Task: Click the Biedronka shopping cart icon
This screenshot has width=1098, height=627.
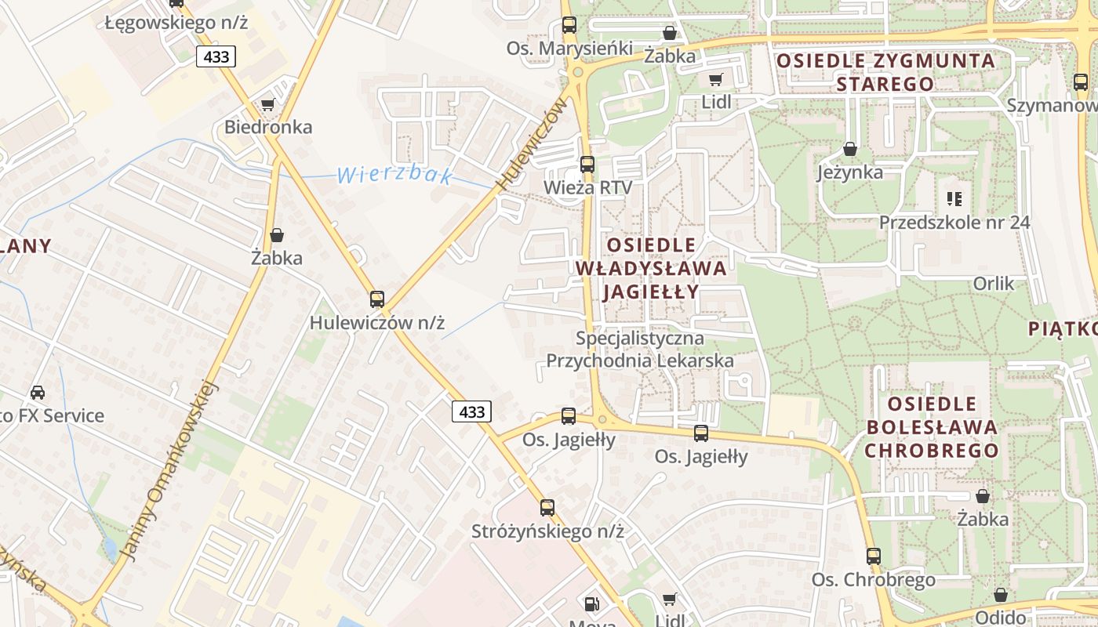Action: pos(267,104)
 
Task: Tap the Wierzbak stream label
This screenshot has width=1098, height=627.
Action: pos(394,175)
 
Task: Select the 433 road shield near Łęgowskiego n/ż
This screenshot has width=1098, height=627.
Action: pos(216,56)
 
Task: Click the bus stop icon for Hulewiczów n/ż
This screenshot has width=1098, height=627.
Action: pos(377,299)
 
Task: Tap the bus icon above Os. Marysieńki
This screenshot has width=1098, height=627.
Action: pos(569,24)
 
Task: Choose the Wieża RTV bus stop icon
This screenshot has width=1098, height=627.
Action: pos(587,165)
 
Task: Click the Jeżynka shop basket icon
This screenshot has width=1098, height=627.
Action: pos(849,149)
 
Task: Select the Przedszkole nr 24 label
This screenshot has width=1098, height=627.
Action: pos(954,222)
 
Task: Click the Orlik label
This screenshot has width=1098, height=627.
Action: pos(993,283)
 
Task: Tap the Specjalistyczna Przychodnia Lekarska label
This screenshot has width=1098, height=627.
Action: pos(640,350)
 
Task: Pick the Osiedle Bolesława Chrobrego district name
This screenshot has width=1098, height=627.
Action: pos(932,427)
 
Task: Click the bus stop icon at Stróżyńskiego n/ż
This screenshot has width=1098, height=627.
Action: pos(547,507)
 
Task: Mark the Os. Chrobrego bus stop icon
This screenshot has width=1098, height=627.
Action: pos(874,556)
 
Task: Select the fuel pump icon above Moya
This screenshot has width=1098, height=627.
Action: pos(592,603)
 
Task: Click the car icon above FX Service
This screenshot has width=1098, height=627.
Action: pos(38,392)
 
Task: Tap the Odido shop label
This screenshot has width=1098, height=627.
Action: pos(999,617)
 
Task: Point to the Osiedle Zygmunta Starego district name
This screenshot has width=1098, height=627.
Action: pos(885,72)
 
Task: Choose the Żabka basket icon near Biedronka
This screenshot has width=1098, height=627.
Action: pos(277,235)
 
